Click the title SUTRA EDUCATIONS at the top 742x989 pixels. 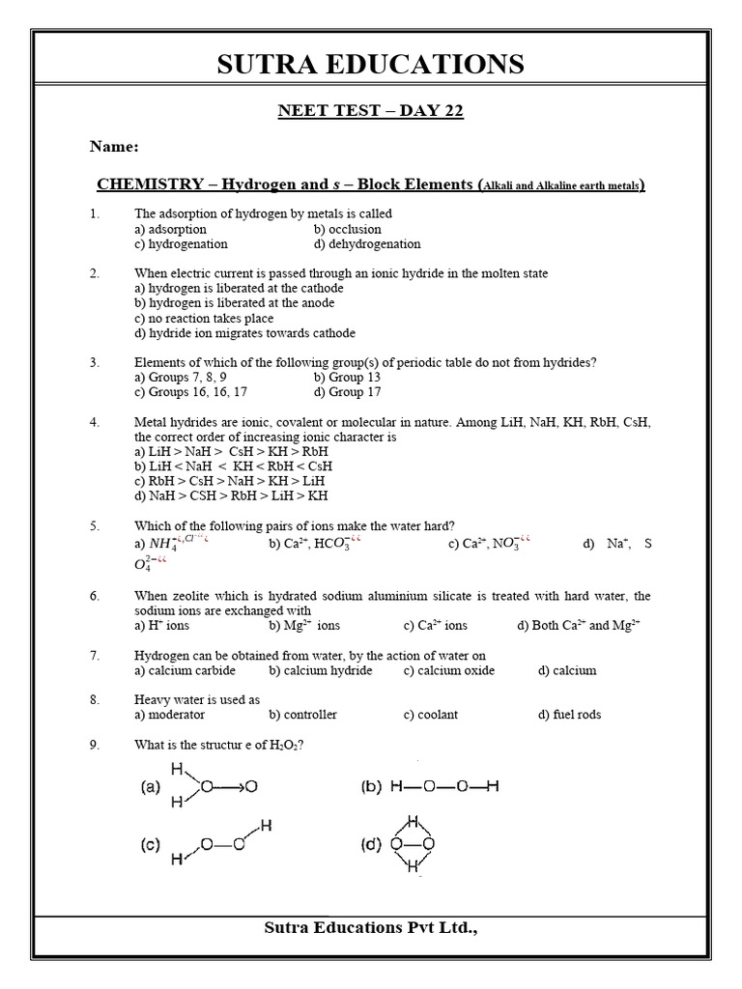coord(371,65)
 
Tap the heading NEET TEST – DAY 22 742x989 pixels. coord(371,111)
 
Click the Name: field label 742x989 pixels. coord(114,147)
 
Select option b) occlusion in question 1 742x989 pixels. coord(347,230)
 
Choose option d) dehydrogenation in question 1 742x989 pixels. coord(367,244)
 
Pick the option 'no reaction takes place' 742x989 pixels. coord(204,319)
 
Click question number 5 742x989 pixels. coord(95,525)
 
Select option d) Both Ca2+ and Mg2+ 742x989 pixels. coord(579,626)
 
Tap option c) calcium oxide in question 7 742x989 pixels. coord(448,670)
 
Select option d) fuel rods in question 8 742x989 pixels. coord(569,715)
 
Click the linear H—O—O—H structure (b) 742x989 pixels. coord(443,787)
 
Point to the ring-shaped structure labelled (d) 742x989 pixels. coord(414,844)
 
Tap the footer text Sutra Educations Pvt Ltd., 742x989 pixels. coord(371,928)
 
